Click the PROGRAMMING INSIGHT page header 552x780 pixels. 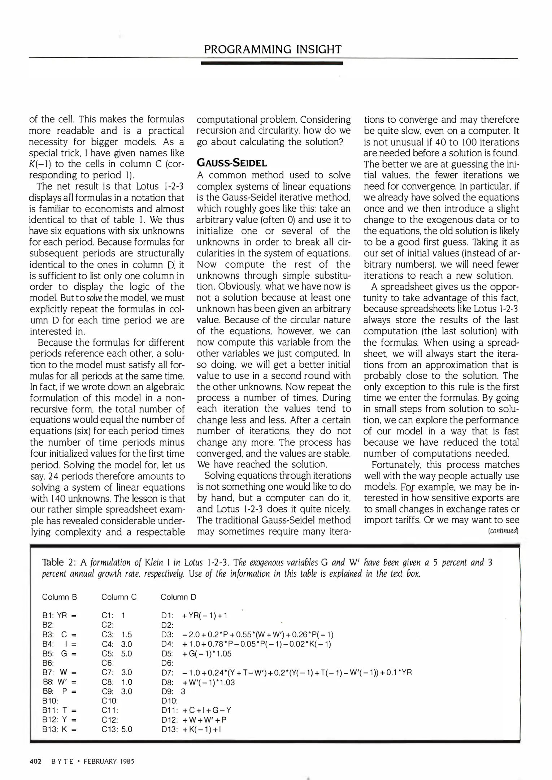tap(273, 49)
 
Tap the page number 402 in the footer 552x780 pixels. tap(35, 762)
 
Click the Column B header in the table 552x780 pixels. tap(60, 597)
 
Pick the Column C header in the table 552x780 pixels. tap(119, 597)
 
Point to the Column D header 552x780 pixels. tap(178, 597)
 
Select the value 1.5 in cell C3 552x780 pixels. tap(127, 634)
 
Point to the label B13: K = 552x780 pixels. tap(60, 729)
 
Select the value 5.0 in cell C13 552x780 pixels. tap(127, 729)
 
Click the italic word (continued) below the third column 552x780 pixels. tap(503, 531)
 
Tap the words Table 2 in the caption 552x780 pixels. tap(58, 562)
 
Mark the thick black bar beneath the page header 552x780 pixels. tap(272, 63)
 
